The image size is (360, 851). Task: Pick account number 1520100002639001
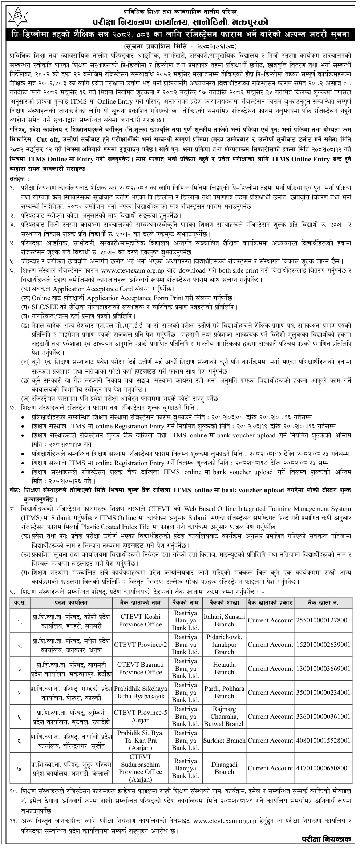(323, 645)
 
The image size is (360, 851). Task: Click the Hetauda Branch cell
(224, 668)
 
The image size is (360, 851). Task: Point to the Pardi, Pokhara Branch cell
(224, 693)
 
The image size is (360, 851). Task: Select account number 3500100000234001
(323, 693)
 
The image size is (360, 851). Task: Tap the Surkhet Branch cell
(224, 741)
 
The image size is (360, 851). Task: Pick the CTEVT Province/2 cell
(140, 645)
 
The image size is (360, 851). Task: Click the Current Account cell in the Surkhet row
(270, 741)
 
